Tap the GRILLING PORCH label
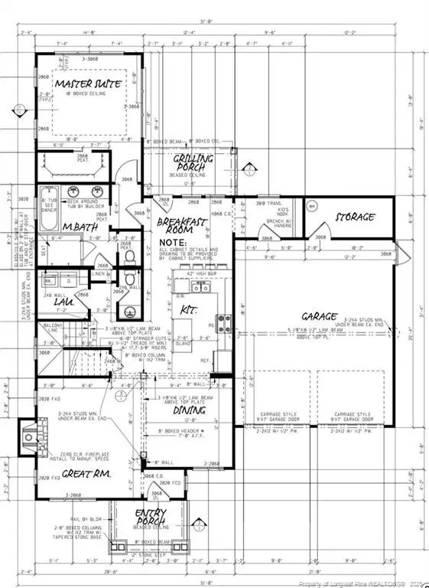(193, 162)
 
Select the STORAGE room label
(356, 217)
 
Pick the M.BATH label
(78, 227)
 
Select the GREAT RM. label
(82, 474)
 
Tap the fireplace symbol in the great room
(28, 438)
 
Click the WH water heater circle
(312, 206)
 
